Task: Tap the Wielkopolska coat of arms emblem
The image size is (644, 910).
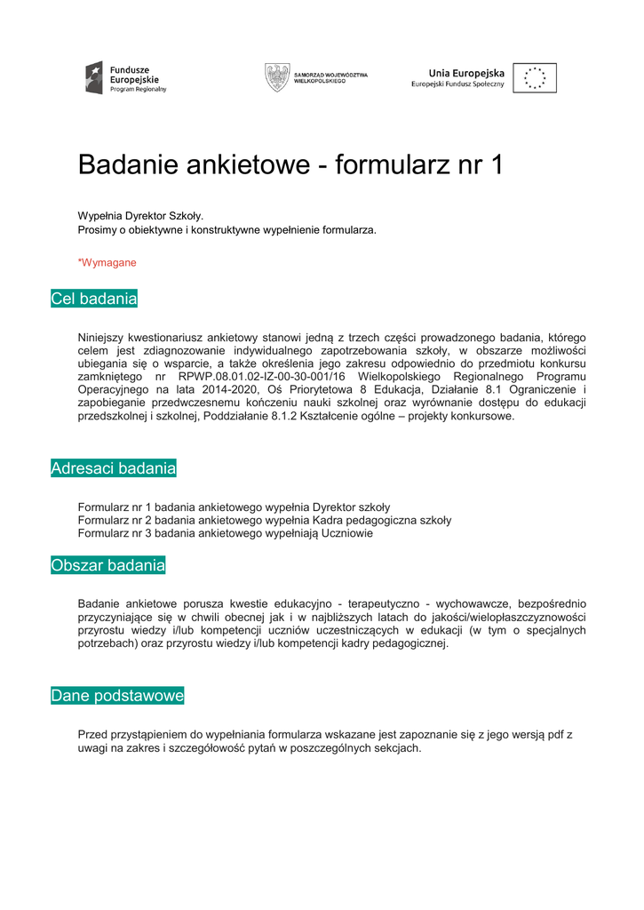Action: point(277,77)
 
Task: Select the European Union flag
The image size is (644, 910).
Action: point(535,78)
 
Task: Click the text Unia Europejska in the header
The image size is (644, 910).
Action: point(466,73)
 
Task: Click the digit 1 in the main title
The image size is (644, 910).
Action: point(497,164)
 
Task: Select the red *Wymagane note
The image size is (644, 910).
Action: point(107,263)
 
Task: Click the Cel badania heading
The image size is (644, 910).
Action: point(94,299)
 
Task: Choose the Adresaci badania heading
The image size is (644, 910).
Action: point(114,468)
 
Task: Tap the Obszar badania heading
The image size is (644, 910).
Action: point(108,565)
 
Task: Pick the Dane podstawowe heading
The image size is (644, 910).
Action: point(117,696)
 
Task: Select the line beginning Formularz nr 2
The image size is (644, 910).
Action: point(264,521)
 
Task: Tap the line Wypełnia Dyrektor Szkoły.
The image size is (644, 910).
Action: point(140,216)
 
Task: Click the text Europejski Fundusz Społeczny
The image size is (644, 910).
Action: point(457,84)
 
